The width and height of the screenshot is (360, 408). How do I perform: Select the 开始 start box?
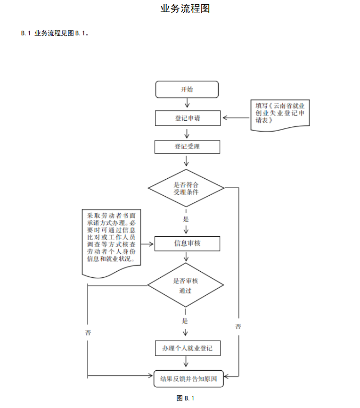(x=187, y=89)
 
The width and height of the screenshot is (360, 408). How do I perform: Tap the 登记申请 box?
(x=187, y=118)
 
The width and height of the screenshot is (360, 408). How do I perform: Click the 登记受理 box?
(x=187, y=147)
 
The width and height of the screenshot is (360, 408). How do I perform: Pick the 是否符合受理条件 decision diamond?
(x=186, y=188)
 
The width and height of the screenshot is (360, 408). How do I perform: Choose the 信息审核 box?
(x=187, y=243)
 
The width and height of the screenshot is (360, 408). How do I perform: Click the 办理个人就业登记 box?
(x=187, y=348)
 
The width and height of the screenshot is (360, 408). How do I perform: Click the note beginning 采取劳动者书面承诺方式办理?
(x=112, y=241)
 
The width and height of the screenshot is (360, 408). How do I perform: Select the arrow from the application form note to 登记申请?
(x=236, y=117)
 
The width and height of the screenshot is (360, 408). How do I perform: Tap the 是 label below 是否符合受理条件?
(x=186, y=219)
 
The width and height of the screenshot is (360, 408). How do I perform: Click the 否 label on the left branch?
(x=88, y=333)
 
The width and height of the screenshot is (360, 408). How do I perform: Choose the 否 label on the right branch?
(x=238, y=326)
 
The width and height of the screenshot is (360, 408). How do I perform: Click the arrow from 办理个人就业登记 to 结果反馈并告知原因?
(x=188, y=362)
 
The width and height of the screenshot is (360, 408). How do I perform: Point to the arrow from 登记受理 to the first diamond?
(x=187, y=161)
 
